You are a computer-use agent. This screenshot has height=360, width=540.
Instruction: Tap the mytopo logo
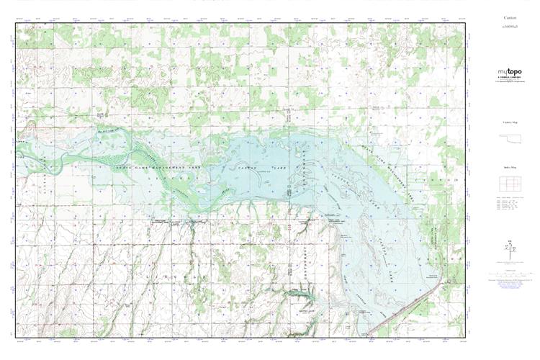point(509,72)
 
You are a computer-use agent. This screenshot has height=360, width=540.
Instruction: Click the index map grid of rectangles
point(509,184)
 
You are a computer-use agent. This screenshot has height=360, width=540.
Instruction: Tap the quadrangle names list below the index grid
point(509,207)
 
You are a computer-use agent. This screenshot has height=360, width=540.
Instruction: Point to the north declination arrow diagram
point(509,248)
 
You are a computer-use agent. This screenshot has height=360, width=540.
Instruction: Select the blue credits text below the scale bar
point(509,283)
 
